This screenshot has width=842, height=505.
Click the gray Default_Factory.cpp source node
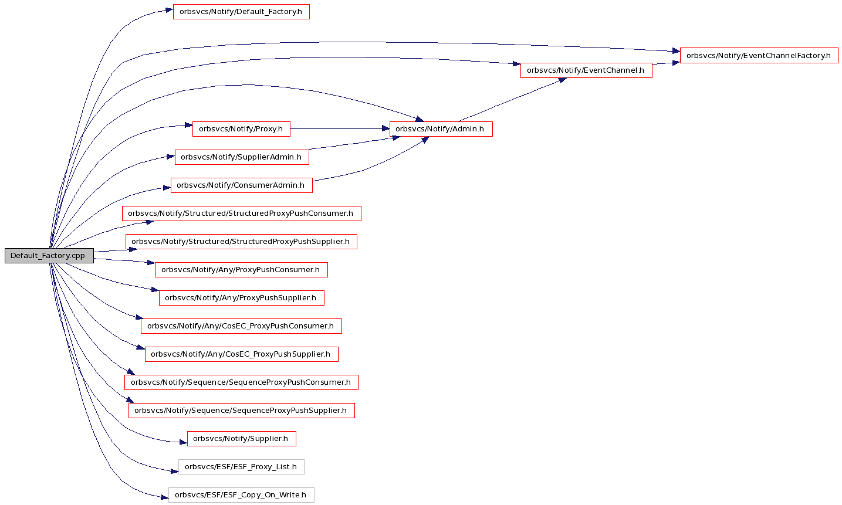click(49, 256)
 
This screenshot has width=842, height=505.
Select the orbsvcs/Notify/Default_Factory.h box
click(241, 12)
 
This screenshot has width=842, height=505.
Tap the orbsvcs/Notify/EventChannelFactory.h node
click(759, 56)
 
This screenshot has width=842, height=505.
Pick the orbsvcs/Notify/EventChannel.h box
click(586, 70)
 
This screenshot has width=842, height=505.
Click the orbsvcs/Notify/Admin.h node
click(441, 129)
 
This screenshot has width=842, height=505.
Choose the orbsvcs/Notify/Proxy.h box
click(241, 129)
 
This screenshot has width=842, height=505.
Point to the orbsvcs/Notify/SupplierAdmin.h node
click(242, 157)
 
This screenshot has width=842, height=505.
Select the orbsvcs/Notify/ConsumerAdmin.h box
click(241, 185)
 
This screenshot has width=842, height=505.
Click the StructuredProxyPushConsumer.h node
click(241, 213)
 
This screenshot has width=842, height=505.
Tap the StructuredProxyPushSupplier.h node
click(241, 242)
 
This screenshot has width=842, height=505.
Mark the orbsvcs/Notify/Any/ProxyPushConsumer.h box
click(241, 270)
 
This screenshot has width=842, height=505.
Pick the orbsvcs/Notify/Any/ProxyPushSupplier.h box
click(241, 298)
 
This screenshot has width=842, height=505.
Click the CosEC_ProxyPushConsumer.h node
click(241, 326)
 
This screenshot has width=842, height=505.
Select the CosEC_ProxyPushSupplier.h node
click(241, 354)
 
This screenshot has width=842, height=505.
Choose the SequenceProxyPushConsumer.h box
click(241, 382)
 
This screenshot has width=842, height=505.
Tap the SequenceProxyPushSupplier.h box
click(241, 411)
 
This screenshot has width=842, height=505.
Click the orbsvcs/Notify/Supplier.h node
click(241, 439)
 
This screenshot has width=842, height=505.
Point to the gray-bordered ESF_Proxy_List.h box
click(241, 467)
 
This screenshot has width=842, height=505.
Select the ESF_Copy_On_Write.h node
click(241, 495)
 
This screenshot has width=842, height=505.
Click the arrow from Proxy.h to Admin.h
click(340, 129)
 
